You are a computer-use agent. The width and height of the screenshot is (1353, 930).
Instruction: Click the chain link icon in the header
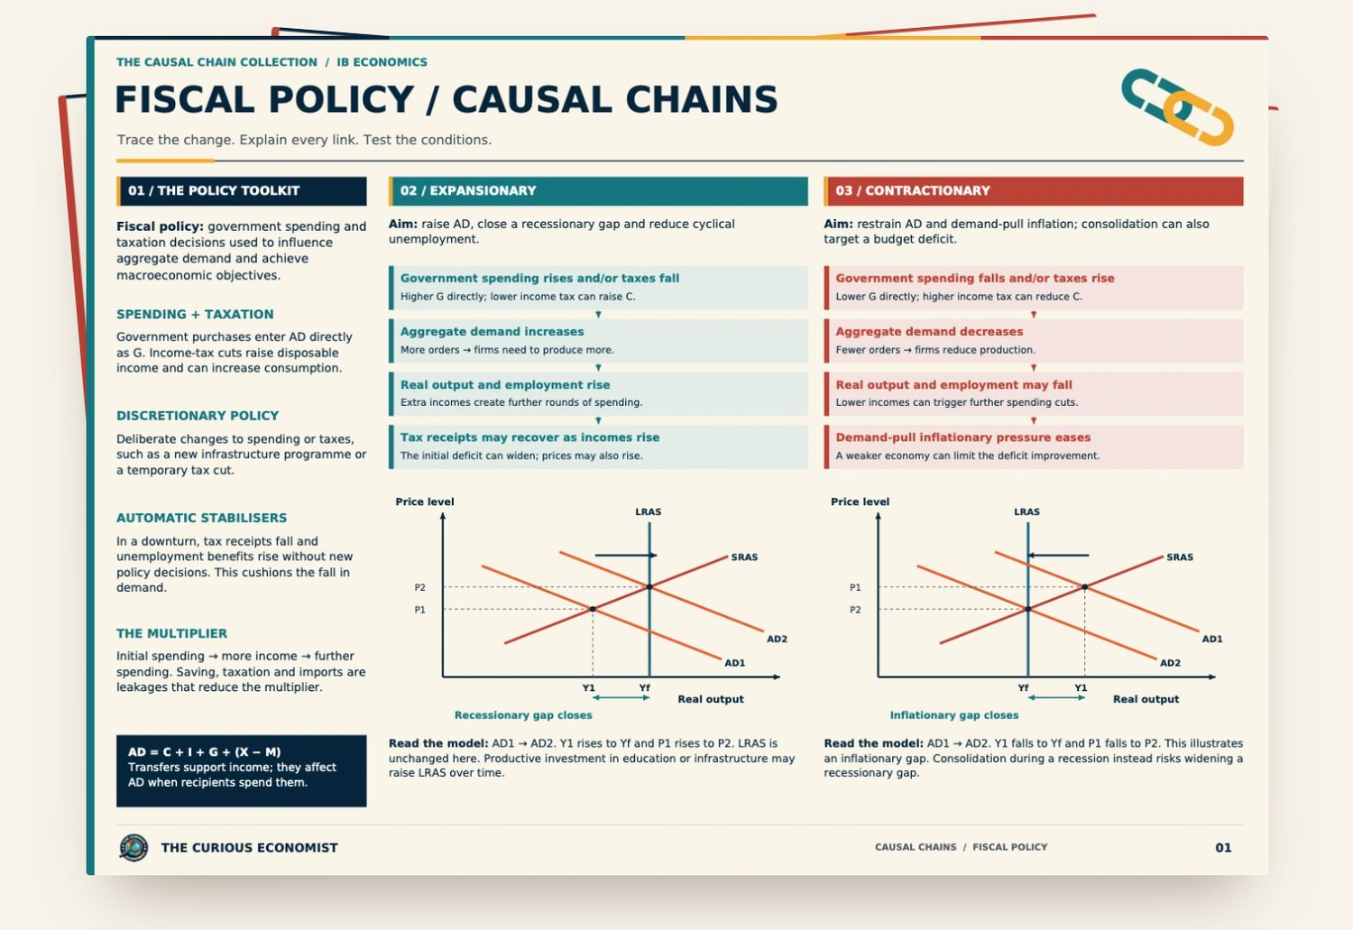pyautogui.click(x=1177, y=106)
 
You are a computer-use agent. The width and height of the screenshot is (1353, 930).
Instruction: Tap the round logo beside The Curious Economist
pyautogui.click(x=133, y=847)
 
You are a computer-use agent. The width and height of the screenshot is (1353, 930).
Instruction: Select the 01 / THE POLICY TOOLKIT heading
pyautogui.click(x=214, y=191)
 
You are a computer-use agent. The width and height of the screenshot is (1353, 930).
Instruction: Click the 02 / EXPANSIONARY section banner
pyautogui.click(x=598, y=191)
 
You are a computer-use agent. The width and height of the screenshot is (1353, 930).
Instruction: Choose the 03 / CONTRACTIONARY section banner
pyautogui.click(x=1034, y=191)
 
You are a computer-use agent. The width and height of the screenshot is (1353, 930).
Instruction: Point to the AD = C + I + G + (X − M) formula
pyautogui.click(x=204, y=752)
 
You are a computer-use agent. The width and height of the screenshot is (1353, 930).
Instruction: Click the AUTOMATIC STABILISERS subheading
pyautogui.click(x=202, y=518)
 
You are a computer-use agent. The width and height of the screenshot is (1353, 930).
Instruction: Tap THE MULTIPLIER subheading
pyautogui.click(x=172, y=633)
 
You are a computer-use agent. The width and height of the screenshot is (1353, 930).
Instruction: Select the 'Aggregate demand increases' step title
pyautogui.click(x=492, y=332)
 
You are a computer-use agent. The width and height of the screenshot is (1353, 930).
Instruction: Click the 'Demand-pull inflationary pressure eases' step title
pyautogui.click(x=962, y=437)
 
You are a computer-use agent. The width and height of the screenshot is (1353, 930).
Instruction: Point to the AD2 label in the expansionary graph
pyautogui.click(x=777, y=639)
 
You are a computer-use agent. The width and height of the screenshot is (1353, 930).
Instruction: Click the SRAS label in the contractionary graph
pyautogui.click(x=1180, y=557)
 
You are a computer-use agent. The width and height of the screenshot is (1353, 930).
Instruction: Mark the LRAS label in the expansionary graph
pyautogui.click(x=649, y=511)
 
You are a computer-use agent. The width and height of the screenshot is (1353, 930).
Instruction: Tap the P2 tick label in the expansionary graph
pyautogui.click(x=419, y=587)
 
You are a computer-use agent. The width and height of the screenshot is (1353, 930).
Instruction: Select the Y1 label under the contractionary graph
pyautogui.click(x=1081, y=688)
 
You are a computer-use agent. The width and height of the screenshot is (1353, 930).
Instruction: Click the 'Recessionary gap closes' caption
pyautogui.click(x=523, y=715)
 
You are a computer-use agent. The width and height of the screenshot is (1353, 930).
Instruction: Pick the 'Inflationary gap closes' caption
pyautogui.click(x=954, y=715)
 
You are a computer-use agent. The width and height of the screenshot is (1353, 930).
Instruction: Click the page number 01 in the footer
pyautogui.click(x=1223, y=847)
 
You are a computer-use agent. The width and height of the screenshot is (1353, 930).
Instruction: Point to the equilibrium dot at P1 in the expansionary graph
pyautogui.click(x=593, y=610)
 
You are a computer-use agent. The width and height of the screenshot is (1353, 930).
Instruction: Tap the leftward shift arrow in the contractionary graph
pyautogui.click(x=1058, y=555)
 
